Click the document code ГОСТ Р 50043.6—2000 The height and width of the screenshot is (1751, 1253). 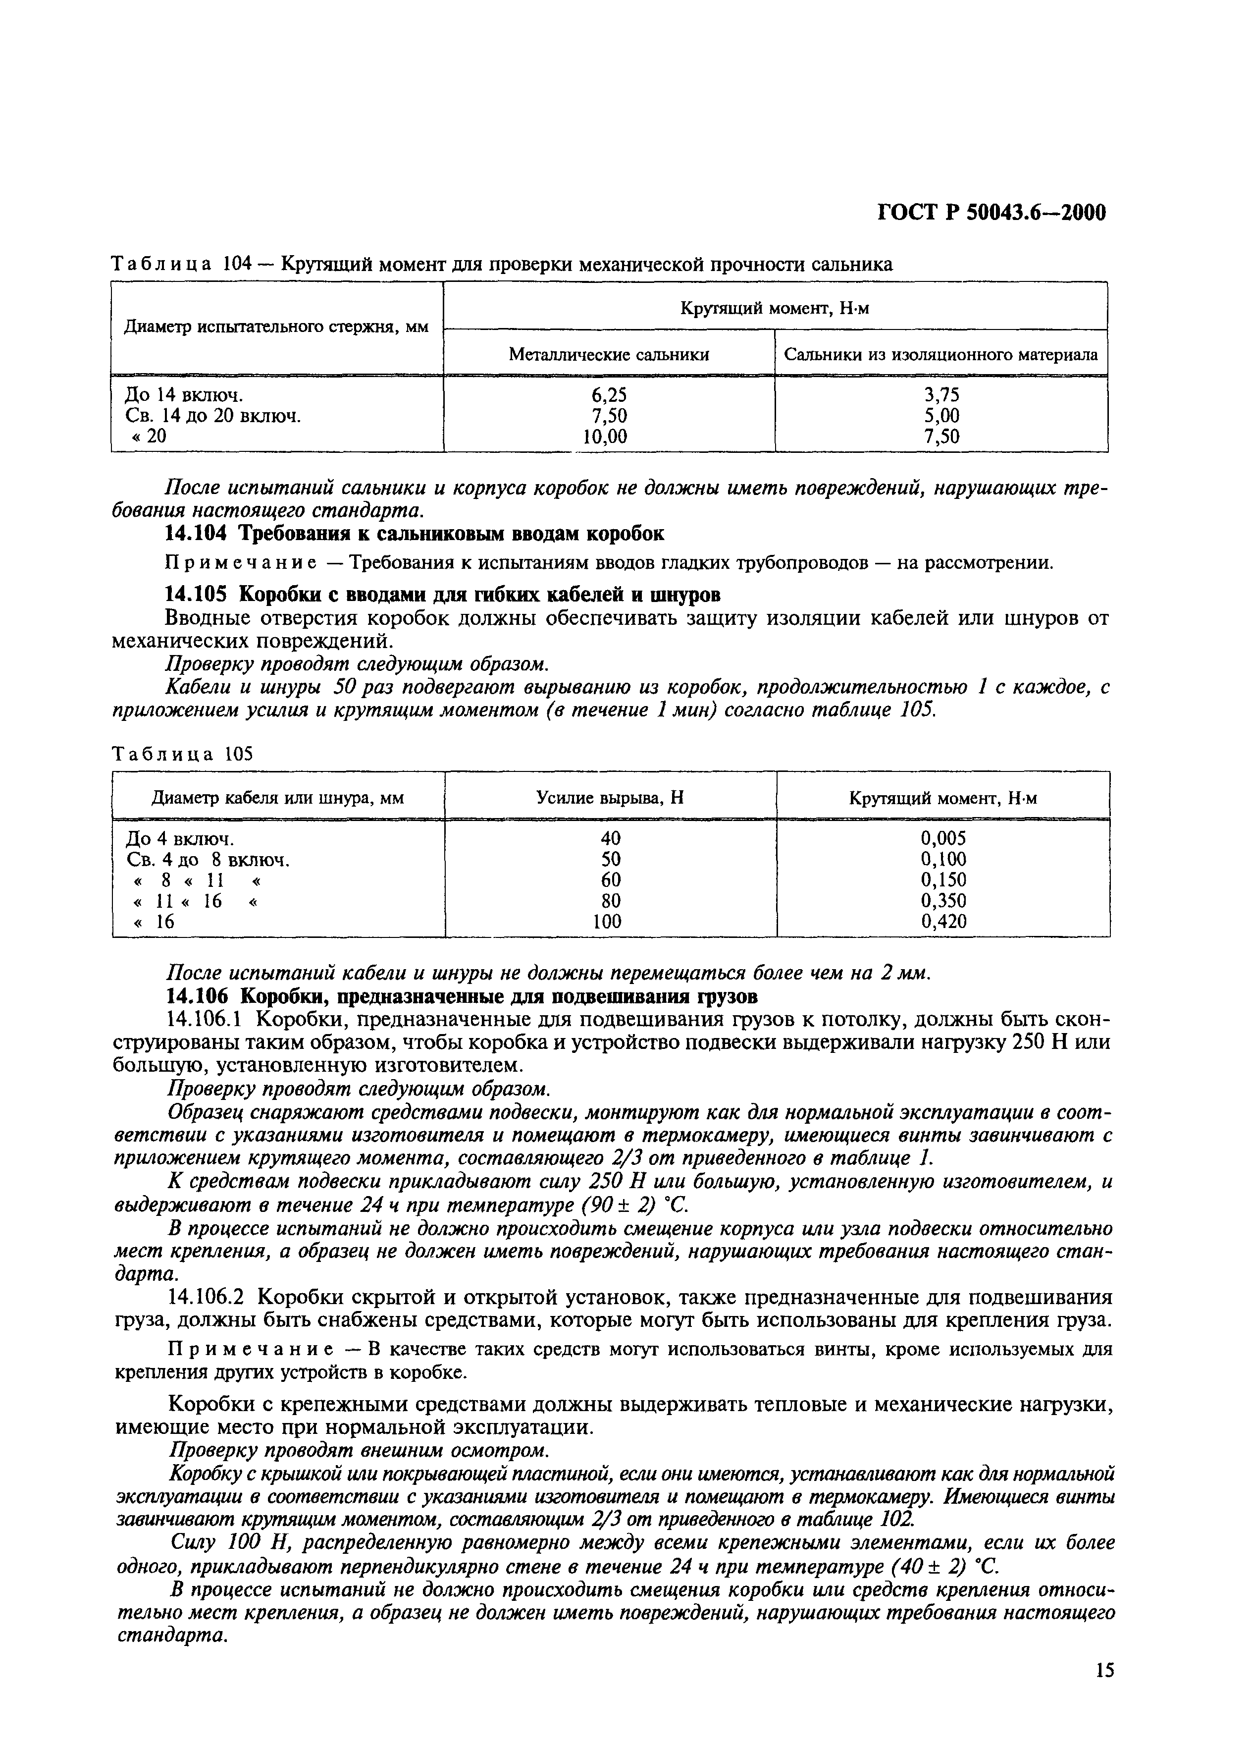point(992,212)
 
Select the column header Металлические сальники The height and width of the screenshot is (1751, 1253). point(608,354)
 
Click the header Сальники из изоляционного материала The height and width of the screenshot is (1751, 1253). point(940,354)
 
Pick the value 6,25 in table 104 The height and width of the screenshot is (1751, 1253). point(609,395)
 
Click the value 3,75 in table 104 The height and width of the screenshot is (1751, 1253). point(941,395)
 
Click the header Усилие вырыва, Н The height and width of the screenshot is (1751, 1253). point(610,798)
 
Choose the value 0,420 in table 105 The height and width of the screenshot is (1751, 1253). point(943,922)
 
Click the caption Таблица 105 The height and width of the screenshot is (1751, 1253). point(182,754)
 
